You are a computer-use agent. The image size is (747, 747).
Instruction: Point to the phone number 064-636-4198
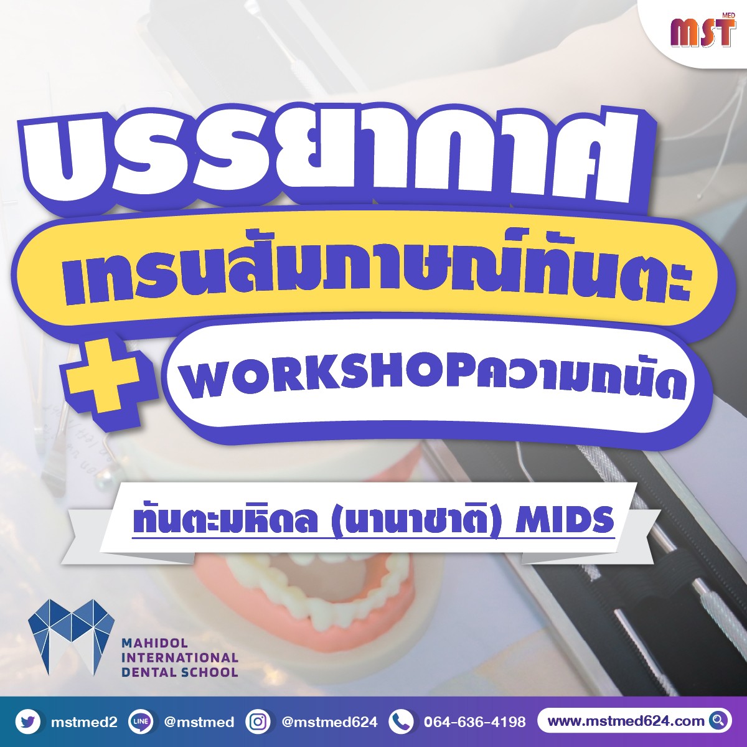tap(475, 721)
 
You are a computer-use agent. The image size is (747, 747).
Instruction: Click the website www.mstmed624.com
tap(626, 721)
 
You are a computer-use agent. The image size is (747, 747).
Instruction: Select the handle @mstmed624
tap(329, 721)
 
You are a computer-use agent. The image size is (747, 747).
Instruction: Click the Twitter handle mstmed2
tap(84, 721)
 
